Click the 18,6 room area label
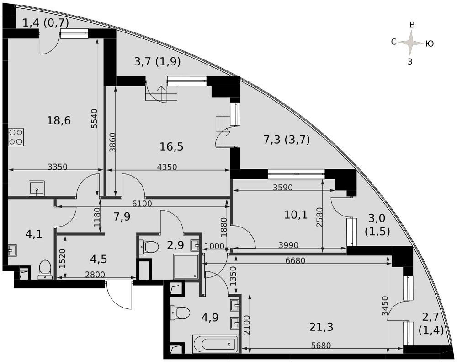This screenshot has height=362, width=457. coord(59,120)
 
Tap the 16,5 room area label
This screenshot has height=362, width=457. coord(171,146)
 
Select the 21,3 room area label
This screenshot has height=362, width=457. coord(321,327)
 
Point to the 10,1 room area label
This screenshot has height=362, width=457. coord(296,215)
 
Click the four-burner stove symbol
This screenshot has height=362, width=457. coord(16,137)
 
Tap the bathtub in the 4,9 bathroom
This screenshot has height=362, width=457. coord(215,344)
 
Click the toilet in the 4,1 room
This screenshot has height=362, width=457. coord(45,270)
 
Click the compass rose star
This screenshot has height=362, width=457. coord(411,43)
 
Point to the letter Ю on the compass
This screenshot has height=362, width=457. coord(429,44)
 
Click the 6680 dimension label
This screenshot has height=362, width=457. coord(295,260)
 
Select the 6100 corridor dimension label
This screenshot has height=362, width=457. coord(142,204)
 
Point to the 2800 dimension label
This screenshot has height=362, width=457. coord(95,275)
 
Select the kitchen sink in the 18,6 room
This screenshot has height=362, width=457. coord(37,188)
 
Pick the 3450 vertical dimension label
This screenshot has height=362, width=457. coord(385,306)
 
